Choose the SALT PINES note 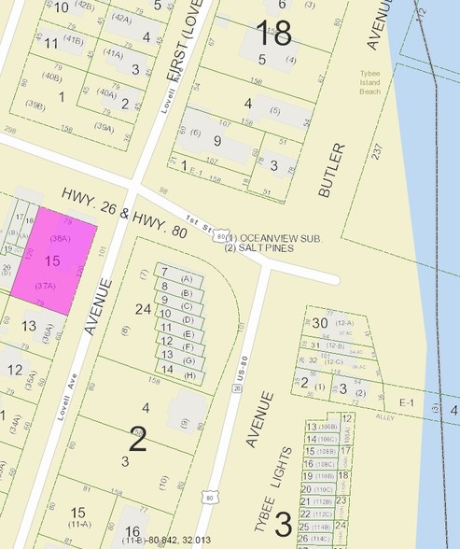pos(259,248)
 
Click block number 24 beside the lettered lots pos(143,308)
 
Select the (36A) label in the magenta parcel pos(61,239)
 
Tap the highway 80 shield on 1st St pos(220,237)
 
